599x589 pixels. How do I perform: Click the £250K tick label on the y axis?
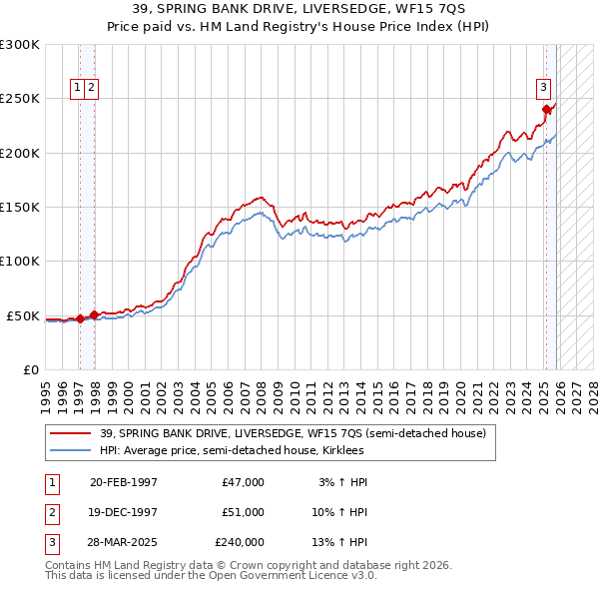coord(20,99)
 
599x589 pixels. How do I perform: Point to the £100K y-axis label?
coord(20,262)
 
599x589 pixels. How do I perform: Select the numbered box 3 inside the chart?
coord(544,86)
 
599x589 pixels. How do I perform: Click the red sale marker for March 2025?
coord(546,110)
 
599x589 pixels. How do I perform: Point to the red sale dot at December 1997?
coord(94,314)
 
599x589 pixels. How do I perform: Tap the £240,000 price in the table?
coord(239,543)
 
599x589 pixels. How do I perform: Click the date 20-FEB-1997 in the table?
coord(123,482)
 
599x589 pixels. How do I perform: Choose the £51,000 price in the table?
coord(243,512)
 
